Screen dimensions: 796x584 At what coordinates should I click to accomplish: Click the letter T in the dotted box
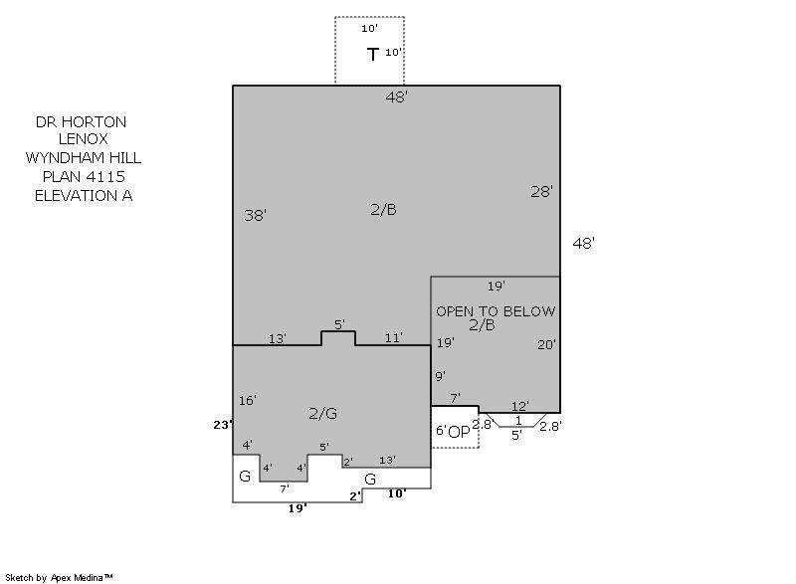coord(373,55)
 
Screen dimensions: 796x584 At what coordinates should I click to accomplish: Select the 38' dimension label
coord(256,215)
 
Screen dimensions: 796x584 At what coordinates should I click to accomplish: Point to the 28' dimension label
coord(541,191)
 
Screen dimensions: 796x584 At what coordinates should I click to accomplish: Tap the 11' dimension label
coord(393,337)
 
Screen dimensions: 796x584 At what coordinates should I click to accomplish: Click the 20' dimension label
coord(546,344)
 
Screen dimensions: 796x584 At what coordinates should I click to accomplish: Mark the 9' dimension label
coord(440,376)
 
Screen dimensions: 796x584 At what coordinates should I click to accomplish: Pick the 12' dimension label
coord(520,406)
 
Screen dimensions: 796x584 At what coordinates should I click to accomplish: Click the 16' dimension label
coord(247,400)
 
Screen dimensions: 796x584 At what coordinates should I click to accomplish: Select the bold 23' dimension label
coord(223,425)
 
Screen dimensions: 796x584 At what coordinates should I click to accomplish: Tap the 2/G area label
coord(322,414)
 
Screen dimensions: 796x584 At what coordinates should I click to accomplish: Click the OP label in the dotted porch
coord(459,432)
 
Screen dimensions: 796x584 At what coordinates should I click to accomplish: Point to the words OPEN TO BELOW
coord(496,311)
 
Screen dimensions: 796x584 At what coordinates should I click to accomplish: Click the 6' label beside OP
coord(441,430)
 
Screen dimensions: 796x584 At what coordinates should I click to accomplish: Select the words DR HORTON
coord(82,121)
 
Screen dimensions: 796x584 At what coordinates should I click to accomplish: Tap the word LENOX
coord(84,139)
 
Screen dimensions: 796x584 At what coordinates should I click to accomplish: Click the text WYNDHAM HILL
coord(84,158)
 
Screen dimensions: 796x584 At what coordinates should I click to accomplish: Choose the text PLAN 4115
coord(84,176)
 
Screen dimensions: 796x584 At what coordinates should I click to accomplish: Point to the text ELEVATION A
coord(84,195)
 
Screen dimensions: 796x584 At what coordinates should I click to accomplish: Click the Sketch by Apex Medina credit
coord(60,577)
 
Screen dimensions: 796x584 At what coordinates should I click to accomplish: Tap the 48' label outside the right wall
coord(584,243)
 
